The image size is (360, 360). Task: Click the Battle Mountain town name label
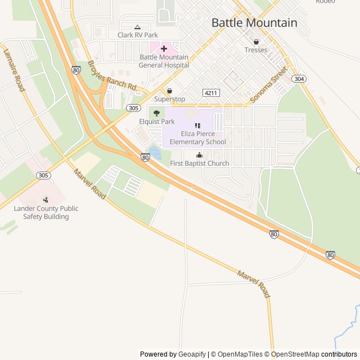click(254, 23)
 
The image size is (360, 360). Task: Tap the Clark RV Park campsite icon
click(137, 26)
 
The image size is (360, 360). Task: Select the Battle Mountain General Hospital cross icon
click(164, 49)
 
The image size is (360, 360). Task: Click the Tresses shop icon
click(256, 42)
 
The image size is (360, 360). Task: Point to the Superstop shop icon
click(169, 91)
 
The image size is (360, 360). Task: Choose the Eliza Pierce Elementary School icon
click(197, 125)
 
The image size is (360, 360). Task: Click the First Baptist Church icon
click(199, 155)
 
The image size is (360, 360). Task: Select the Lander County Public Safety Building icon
click(46, 200)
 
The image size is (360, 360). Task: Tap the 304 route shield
click(299, 79)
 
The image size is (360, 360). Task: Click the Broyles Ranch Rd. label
click(112, 75)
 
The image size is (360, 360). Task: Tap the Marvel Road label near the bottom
click(254, 284)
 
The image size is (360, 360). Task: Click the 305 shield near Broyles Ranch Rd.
click(133, 107)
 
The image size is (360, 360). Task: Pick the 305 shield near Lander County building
click(43, 175)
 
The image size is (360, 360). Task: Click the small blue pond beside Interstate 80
click(154, 152)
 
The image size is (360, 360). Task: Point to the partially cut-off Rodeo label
click(325, 2)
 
